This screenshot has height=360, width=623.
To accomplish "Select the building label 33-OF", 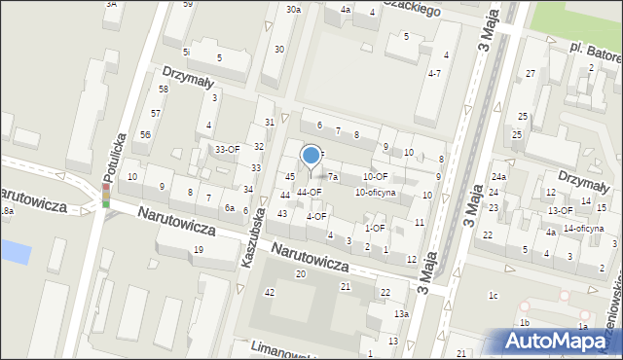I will (x=228, y=149).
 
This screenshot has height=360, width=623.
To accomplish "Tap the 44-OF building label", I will (x=310, y=192).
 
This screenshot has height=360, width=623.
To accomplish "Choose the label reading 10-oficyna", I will (x=375, y=193).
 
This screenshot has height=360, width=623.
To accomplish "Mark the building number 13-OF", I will (x=560, y=210).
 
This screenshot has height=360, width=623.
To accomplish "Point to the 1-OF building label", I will (x=375, y=228).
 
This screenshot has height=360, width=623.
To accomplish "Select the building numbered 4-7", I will (x=435, y=73).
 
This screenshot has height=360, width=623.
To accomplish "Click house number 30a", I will (x=293, y=9).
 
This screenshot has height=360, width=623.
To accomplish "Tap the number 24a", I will (x=498, y=176).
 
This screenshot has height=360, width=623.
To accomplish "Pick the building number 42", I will (x=270, y=292).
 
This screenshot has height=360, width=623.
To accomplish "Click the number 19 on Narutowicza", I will (x=198, y=250).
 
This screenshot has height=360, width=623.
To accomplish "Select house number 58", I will (x=164, y=89).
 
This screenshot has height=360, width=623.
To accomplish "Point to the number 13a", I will (x=401, y=314).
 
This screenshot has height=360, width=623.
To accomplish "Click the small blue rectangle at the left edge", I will (x=17, y=251).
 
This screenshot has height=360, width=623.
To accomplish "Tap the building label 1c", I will (x=494, y=295).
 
